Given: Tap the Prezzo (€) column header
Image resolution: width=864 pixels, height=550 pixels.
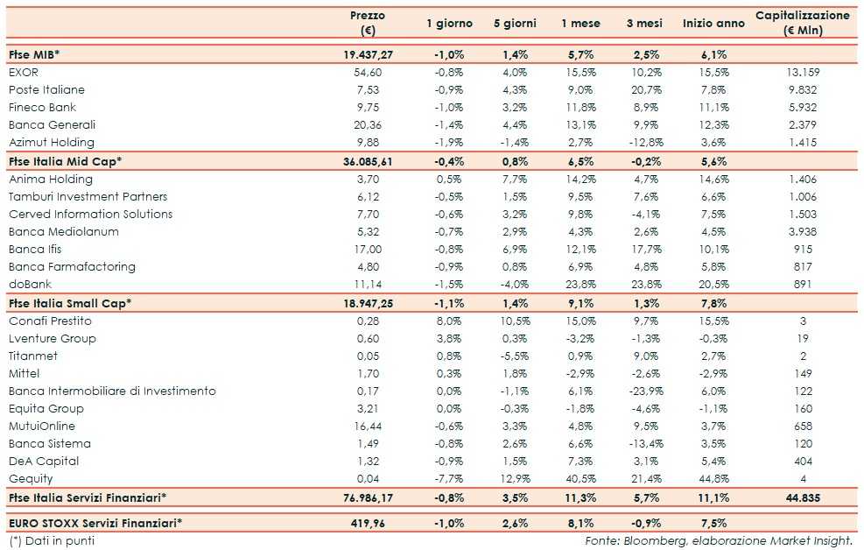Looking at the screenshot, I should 367,23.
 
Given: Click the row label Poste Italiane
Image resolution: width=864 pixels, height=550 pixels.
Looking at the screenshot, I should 46,89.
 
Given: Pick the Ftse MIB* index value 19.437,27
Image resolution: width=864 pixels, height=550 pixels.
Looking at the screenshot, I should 368,54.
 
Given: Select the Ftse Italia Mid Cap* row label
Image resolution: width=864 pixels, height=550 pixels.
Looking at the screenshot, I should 65,161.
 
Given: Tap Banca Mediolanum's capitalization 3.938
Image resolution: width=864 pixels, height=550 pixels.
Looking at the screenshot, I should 802,231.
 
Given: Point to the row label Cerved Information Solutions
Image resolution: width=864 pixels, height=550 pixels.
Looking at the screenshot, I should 91,214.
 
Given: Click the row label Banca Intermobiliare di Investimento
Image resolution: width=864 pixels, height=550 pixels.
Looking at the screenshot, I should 112,391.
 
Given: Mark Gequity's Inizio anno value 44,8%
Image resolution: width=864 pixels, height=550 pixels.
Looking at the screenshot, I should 713,478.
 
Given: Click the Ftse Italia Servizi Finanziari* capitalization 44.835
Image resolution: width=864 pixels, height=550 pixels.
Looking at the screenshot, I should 802,497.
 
